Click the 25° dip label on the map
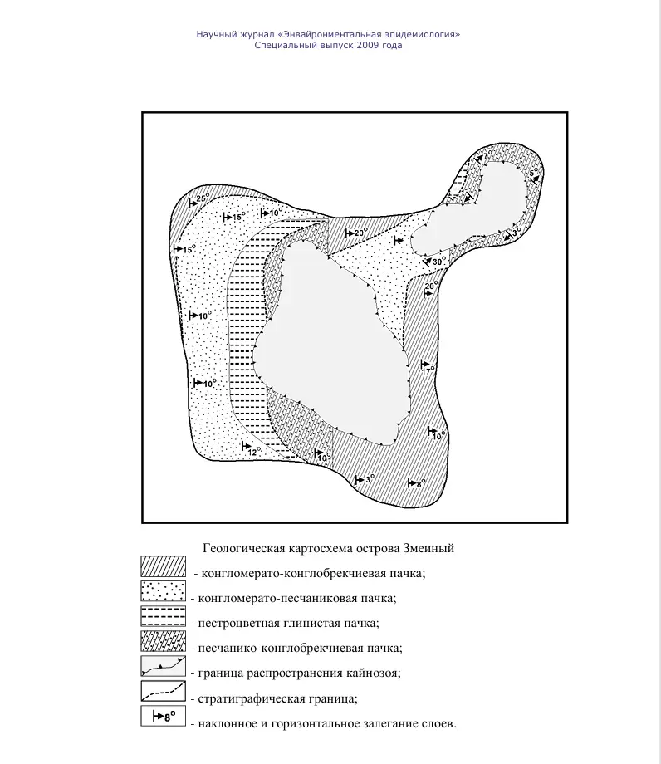click(201, 198)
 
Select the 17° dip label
click(428, 371)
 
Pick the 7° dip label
click(488, 154)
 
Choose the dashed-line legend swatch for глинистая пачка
click(163, 620)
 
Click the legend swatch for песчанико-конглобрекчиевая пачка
click(163, 644)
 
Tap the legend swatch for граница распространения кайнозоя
click(163, 668)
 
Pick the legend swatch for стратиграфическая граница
click(163, 693)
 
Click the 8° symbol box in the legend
click(163, 719)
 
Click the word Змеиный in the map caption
click(428, 549)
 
